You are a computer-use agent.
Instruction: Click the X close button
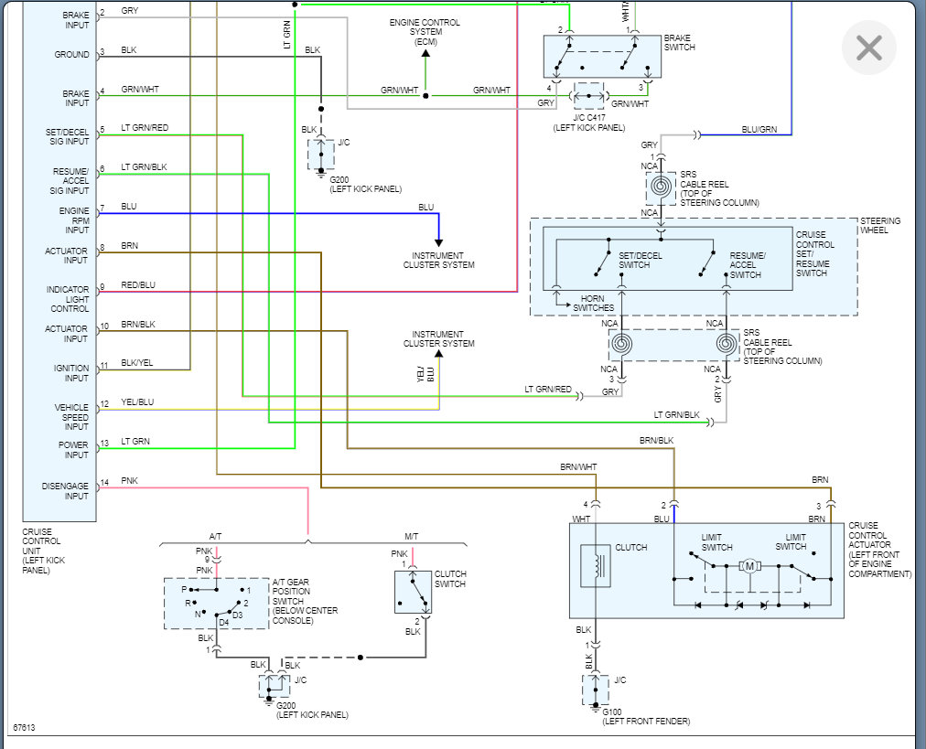click(x=868, y=48)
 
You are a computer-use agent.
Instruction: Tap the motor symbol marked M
click(x=750, y=566)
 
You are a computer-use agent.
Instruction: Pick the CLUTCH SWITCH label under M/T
click(x=450, y=579)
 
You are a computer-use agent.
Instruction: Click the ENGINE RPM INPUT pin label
click(x=75, y=220)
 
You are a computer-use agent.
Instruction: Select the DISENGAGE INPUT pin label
click(x=66, y=491)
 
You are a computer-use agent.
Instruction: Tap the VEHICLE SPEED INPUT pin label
click(x=72, y=416)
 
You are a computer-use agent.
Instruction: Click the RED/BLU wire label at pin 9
click(x=138, y=285)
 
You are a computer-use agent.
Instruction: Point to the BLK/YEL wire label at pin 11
click(x=137, y=363)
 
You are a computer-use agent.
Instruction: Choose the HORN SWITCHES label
click(x=594, y=304)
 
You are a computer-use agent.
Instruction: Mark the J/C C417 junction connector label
click(x=588, y=123)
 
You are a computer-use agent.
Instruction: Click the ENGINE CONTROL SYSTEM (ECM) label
click(x=425, y=32)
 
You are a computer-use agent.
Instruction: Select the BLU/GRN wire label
click(x=759, y=130)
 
